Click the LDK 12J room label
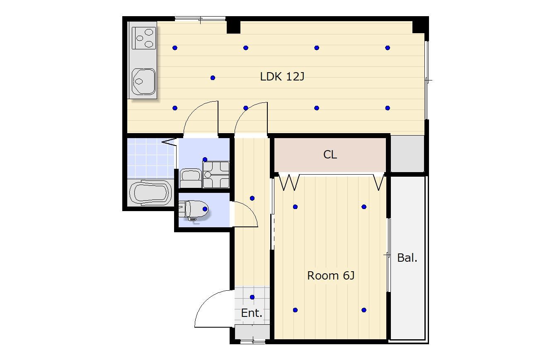coord(282,77)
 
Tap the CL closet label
coord(330,155)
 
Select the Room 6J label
coord(331,276)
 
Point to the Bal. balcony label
coord(407,258)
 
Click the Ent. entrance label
coord(252,313)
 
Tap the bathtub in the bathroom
coord(150,193)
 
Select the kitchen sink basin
coord(143,82)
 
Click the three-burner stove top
coord(144,38)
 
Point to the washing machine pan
coord(216,175)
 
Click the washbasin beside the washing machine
coord(191,178)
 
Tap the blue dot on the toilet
coord(205,209)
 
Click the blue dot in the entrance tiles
coord(252,297)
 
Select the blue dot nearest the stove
coord(175,48)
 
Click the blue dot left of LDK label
coord(213,78)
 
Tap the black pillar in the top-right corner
coord(420,27)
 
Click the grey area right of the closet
coord(407,154)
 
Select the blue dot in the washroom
coord(205,159)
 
